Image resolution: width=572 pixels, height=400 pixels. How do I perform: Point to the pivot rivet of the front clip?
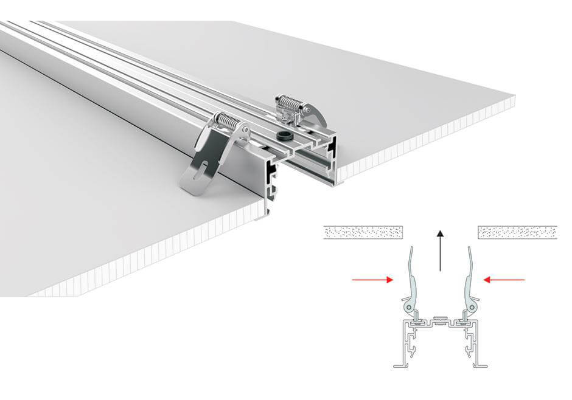243,131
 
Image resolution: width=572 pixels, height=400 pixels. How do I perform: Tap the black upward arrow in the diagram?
440,250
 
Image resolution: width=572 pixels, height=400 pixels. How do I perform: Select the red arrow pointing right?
372,280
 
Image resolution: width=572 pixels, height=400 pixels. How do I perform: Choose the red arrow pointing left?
504,280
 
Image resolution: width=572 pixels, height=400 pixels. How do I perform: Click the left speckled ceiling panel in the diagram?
363,232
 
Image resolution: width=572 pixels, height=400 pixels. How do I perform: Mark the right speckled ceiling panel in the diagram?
517,232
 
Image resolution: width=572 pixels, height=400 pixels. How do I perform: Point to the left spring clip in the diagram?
411,277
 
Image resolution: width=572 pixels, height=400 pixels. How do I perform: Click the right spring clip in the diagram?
469,277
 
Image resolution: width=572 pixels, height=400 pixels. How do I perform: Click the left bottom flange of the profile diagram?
401,365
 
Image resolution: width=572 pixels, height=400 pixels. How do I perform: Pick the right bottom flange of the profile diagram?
479,365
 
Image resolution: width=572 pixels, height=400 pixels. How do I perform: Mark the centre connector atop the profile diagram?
440,319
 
